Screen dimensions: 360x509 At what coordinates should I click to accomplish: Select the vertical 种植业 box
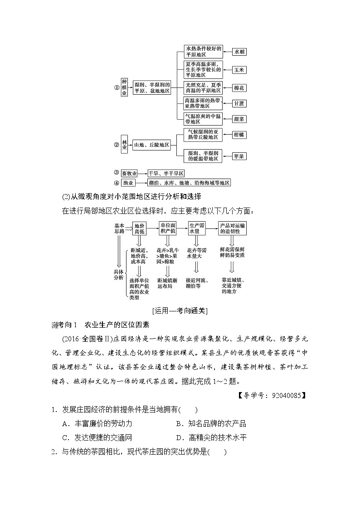click(124, 87)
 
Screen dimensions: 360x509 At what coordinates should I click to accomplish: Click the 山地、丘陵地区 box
click(151, 145)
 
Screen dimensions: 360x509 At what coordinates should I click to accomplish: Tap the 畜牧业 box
click(129, 173)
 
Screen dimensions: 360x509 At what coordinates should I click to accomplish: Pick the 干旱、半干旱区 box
click(166, 173)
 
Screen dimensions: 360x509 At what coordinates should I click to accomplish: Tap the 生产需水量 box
click(197, 228)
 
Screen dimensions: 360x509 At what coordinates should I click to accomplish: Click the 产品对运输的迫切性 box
click(233, 228)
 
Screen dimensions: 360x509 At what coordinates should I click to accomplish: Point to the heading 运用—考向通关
click(180, 310)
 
